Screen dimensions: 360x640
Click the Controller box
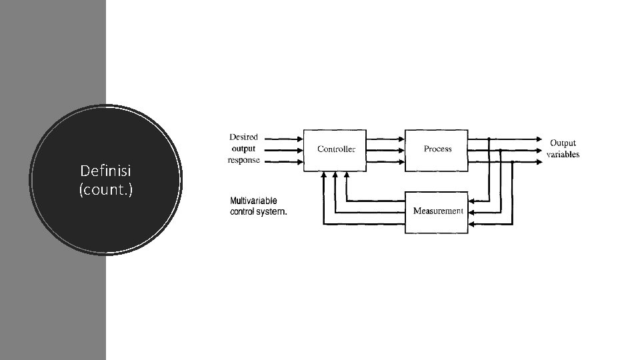click(336, 149)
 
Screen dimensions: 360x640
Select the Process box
click(437, 149)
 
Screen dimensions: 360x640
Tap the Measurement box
click(437, 211)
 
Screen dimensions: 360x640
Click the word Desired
click(243, 137)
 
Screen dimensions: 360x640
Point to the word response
click(244, 160)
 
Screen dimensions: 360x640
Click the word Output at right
click(563, 143)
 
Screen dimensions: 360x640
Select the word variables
click(563, 155)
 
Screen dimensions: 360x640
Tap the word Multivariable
click(253, 201)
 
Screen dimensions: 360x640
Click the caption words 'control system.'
click(259, 212)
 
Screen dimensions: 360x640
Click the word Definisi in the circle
click(106, 171)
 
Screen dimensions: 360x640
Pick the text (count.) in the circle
click(106, 190)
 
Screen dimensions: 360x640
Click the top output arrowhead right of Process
click(539, 139)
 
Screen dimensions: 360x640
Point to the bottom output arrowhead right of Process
click(539, 161)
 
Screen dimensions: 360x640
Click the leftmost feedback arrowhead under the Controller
click(323, 176)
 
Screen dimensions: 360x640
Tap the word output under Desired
click(243, 149)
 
